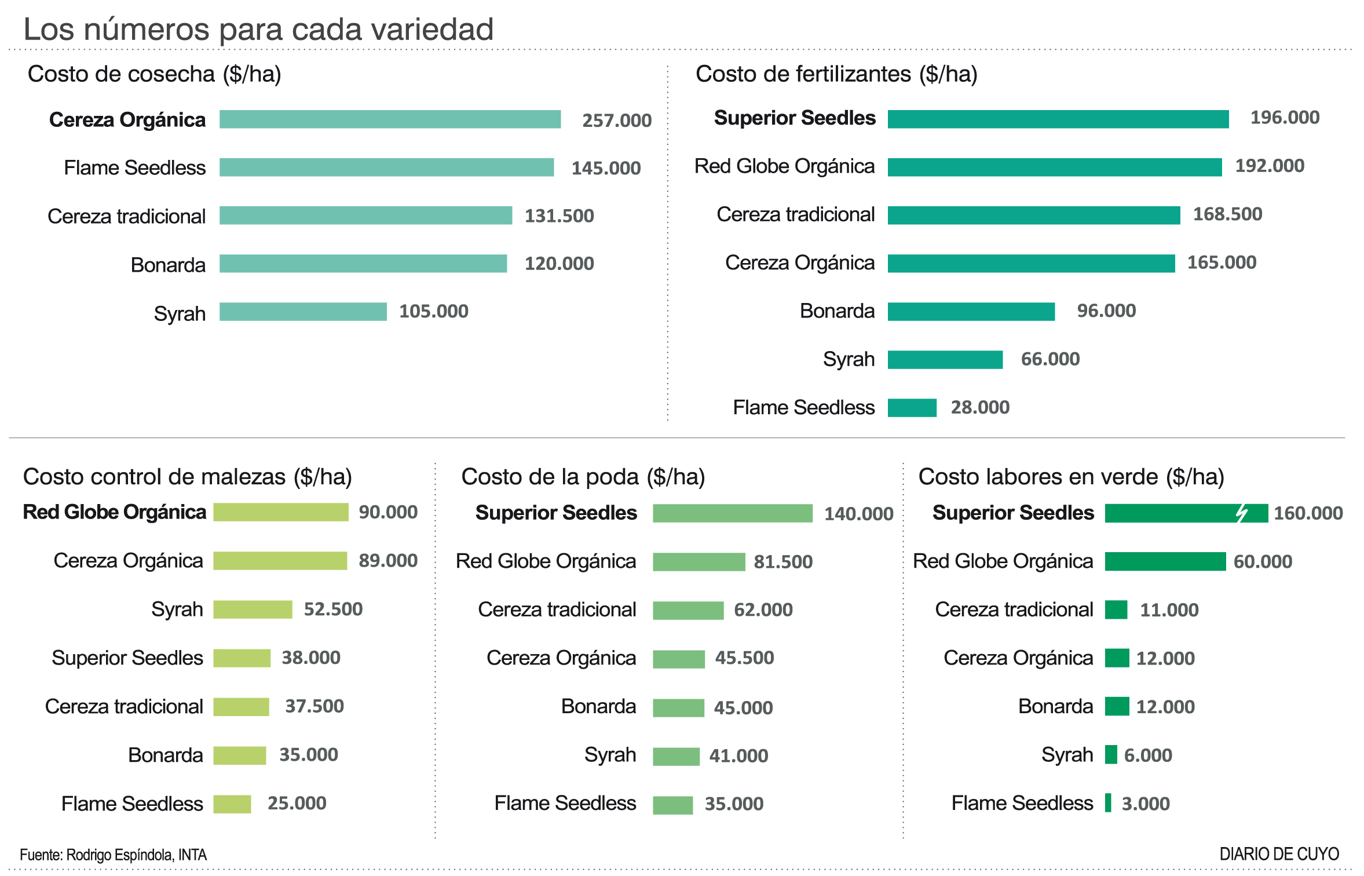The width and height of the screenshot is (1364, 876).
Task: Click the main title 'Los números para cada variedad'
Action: pyautogui.click(x=258, y=29)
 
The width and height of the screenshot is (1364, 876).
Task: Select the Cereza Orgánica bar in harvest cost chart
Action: pyautogui.click(x=390, y=119)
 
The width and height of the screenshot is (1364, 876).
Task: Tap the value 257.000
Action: pyautogui.click(x=616, y=121)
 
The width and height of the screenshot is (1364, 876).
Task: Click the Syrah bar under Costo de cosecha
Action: pyautogui.click(x=303, y=312)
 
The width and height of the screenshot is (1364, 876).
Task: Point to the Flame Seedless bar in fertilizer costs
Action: pyautogui.click(x=912, y=408)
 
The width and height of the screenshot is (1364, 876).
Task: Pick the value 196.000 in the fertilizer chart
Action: pyautogui.click(x=1284, y=118)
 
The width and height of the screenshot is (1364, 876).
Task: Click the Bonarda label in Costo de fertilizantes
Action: pyautogui.click(x=837, y=311)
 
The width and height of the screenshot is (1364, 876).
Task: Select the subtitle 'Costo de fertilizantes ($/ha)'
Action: pyautogui.click(x=836, y=74)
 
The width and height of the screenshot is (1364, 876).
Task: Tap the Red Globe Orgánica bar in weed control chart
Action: pyautogui.click(x=281, y=512)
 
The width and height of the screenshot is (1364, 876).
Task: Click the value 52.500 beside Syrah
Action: pyautogui.click(x=333, y=609)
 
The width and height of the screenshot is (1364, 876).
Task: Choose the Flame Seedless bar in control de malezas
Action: pyautogui.click(x=232, y=804)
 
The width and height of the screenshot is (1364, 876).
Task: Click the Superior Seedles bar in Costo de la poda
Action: pyautogui.click(x=732, y=513)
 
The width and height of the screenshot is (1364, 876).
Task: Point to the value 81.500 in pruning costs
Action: pyautogui.click(x=782, y=562)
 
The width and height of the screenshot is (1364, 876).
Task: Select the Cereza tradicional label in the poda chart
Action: pyautogui.click(x=557, y=609)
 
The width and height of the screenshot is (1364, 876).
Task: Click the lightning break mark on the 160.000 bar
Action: pyautogui.click(x=1241, y=513)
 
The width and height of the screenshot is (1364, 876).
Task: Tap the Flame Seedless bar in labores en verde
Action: pyautogui.click(x=1108, y=803)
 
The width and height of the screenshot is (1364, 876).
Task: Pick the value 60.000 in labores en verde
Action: pyautogui.click(x=1262, y=562)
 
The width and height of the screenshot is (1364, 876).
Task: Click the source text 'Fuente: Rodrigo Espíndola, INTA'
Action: pyautogui.click(x=113, y=855)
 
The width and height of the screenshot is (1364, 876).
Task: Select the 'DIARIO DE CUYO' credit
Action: pyautogui.click(x=1279, y=854)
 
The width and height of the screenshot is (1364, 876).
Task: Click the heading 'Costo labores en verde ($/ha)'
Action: pyautogui.click(x=1071, y=477)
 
